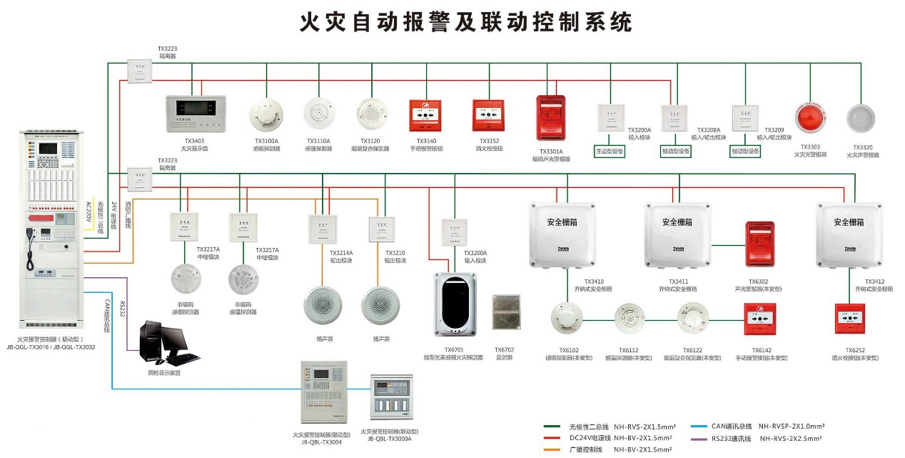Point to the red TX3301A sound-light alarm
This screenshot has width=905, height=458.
[x=550, y=118]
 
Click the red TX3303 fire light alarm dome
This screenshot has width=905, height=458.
[x=812, y=119]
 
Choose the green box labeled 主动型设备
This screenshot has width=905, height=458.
[x=610, y=151]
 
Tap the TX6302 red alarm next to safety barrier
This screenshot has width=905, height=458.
[x=759, y=244]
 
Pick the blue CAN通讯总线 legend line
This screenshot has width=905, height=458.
[x=701, y=426]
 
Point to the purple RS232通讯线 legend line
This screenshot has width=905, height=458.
[x=701, y=438]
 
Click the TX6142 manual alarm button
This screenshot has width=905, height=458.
[x=760, y=319]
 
